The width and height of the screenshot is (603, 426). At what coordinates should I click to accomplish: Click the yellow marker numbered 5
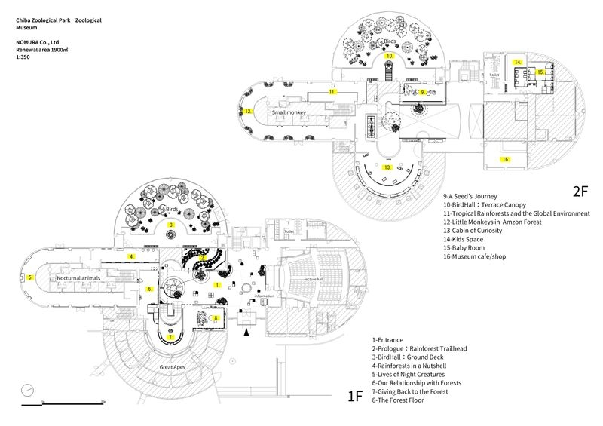30,277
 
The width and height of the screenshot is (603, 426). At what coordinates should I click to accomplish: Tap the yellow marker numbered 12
247,111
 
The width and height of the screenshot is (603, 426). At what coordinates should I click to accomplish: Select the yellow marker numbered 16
506,160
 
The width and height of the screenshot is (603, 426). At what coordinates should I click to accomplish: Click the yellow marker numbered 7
171,337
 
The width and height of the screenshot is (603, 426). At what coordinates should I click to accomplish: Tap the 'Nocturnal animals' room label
78,279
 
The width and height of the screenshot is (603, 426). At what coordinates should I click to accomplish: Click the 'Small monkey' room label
291,113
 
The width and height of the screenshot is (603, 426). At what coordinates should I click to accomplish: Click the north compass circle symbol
29,389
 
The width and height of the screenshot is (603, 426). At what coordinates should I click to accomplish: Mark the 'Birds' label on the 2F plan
390,42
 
